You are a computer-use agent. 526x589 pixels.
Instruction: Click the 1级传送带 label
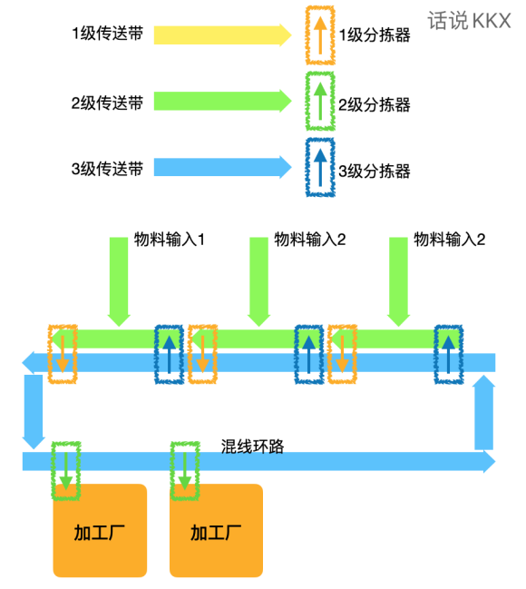pos(107,34)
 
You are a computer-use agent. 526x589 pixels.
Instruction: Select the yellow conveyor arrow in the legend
pos(222,35)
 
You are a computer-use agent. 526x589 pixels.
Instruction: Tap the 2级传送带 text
pos(107,103)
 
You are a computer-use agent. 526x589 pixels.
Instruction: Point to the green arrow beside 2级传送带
pos(222,101)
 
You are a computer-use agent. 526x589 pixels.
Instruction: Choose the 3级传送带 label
pos(107,169)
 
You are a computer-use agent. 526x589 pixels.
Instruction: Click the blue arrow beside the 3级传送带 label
pos(222,167)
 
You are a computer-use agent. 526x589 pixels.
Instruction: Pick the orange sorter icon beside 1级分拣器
pos(320,35)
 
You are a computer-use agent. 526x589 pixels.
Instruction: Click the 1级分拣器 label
pos(375,35)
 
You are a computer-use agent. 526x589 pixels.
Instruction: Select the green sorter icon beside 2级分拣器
pos(320,101)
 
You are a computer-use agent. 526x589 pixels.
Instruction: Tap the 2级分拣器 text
pos(375,104)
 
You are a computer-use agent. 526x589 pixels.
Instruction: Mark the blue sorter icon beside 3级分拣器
pos(320,167)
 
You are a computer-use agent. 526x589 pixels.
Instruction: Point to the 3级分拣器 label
pos(375,171)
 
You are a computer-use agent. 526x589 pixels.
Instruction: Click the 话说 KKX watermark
pos(469,21)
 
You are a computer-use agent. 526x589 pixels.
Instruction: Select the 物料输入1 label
pos(170,240)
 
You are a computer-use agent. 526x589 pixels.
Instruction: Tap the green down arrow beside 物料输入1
pos(119,281)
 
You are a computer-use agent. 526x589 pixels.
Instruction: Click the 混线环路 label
pos(252,447)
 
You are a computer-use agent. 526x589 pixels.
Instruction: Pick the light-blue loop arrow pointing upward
pos(484,412)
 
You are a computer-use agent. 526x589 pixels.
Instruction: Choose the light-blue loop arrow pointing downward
pos(34,412)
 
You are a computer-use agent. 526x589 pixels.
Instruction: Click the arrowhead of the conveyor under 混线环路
pos(489,462)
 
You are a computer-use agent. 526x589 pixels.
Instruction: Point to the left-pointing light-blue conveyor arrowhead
pos(28,363)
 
